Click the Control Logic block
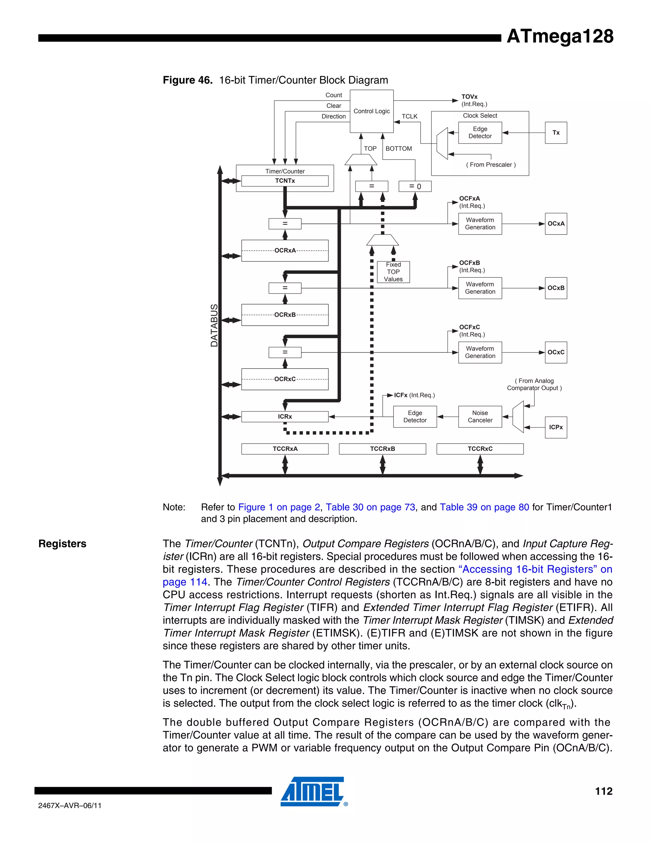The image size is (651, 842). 371,111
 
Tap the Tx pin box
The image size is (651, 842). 556,132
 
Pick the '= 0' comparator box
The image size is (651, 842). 415,186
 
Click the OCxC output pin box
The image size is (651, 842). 556,352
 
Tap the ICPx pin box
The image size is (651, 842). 556,427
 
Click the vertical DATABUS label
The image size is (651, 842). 214,325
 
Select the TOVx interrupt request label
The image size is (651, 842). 469,97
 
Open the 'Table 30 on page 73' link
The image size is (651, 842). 370,507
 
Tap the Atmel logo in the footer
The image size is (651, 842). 312,791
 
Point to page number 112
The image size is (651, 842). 603,791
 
